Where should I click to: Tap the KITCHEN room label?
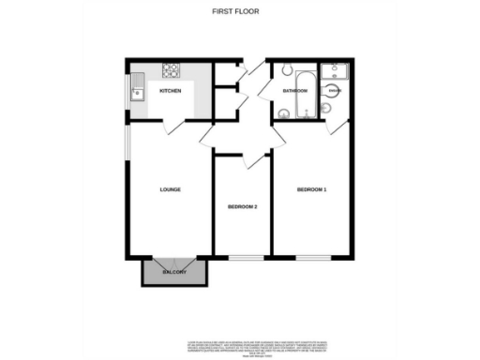pyautogui.click(x=170, y=91)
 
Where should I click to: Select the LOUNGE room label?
pyautogui.click(x=170, y=190)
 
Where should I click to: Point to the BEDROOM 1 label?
pyautogui.click(x=311, y=190)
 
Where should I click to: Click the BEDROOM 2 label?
pyautogui.click(x=243, y=207)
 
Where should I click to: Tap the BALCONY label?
pyautogui.click(x=174, y=272)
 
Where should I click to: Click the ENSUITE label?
pyautogui.click(x=334, y=91)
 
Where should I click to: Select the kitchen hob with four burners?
pyautogui.click(x=172, y=69)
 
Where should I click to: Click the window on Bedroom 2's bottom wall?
pyautogui.click(x=243, y=257)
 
